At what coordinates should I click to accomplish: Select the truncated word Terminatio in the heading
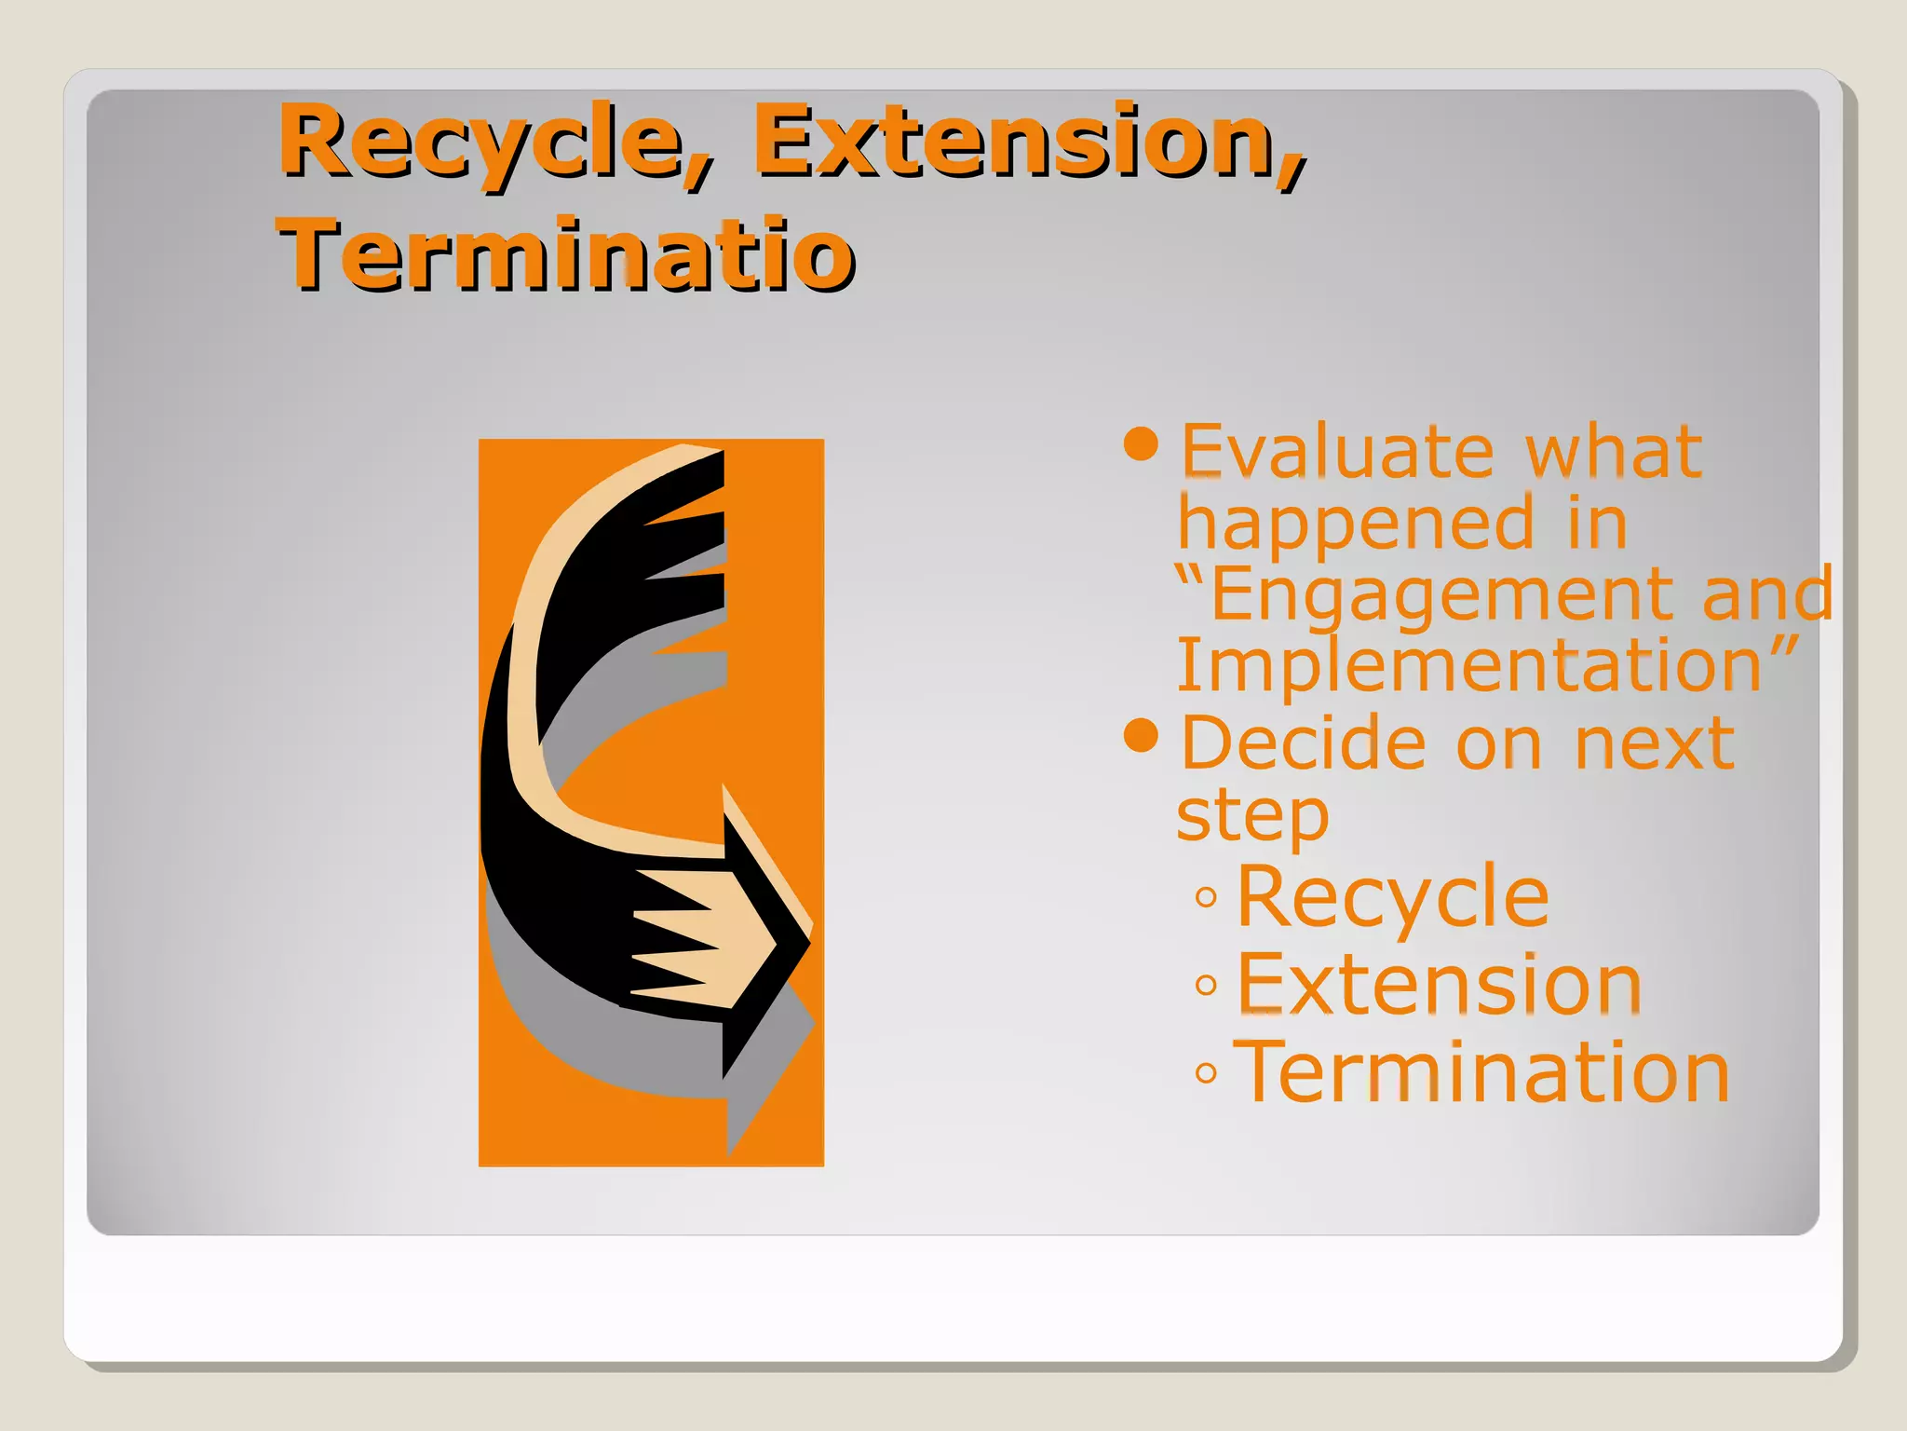[x=566, y=254]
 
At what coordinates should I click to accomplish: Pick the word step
[x=1252, y=816]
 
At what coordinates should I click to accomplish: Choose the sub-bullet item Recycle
[x=1392, y=896]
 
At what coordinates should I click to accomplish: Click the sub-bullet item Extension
[x=1439, y=985]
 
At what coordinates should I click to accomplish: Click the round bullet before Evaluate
[x=1141, y=444]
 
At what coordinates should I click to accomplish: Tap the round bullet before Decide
[x=1141, y=736]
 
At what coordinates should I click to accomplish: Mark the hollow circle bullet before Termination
[x=1206, y=1074]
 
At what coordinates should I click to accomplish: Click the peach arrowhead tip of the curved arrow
[x=745, y=941]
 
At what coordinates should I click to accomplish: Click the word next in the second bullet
[x=1654, y=743]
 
